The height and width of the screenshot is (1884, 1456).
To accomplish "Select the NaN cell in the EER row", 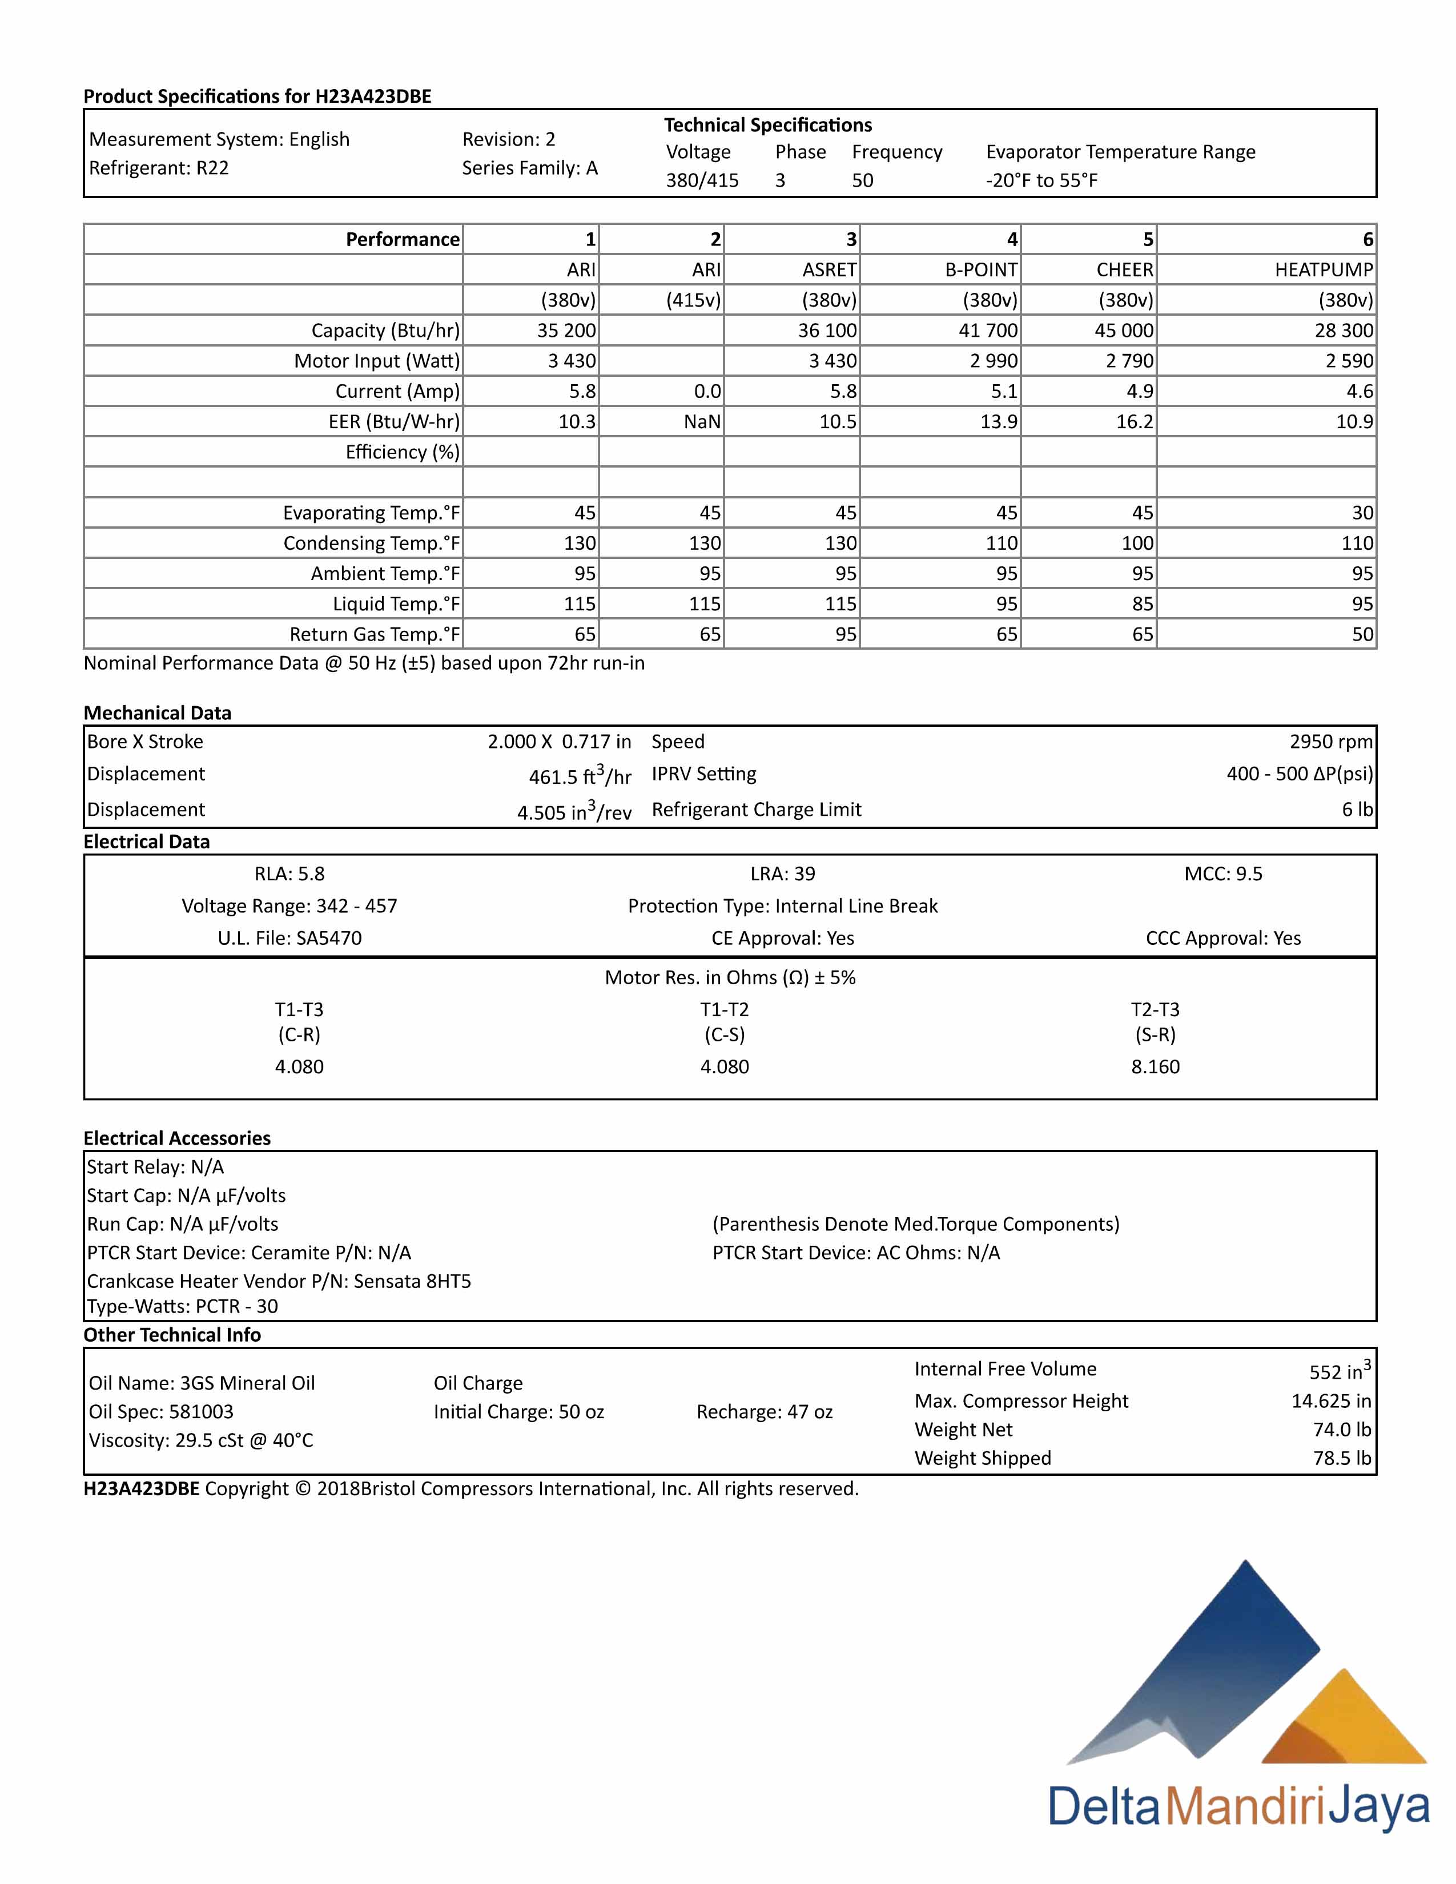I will tap(702, 422).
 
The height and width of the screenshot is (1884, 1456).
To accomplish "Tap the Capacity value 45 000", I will tap(1123, 331).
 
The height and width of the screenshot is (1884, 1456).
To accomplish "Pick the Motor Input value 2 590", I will tap(1349, 361).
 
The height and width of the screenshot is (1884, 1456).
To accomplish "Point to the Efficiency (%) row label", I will tap(402, 452).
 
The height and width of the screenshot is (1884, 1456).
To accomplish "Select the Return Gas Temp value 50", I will tap(1362, 634).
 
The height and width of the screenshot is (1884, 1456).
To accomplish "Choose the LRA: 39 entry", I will tap(782, 874).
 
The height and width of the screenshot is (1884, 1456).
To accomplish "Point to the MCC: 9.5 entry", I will tap(1222, 874).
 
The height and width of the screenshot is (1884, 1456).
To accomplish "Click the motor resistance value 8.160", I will tap(1155, 1066).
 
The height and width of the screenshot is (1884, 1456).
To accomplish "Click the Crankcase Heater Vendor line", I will tap(279, 1281).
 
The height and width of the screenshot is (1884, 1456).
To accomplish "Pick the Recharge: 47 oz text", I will tap(764, 1412).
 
